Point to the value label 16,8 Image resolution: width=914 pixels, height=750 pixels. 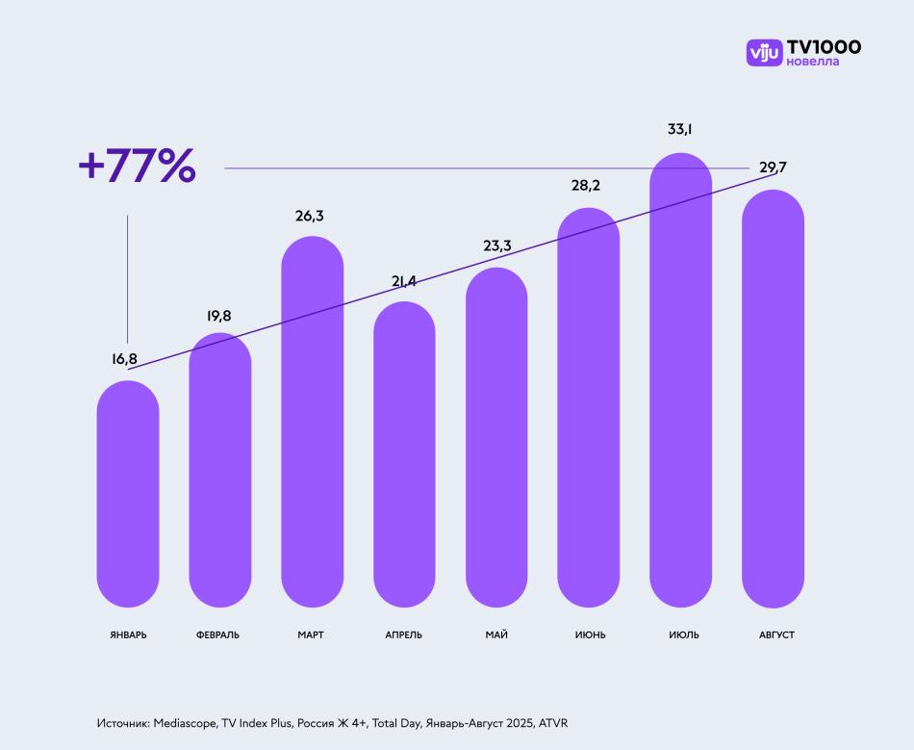tap(124, 359)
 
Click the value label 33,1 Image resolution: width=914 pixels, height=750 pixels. tap(680, 128)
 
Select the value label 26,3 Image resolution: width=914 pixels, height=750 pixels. tap(310, 216)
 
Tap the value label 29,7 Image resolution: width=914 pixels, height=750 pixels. tap(773, 168)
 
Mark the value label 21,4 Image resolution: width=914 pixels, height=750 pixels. tap(404, 280)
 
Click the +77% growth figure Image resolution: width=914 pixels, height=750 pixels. tap(137, 167)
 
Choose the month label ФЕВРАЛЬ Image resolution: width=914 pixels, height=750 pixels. tap(217, 635)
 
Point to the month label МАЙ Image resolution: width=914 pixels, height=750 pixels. tap(496, 635)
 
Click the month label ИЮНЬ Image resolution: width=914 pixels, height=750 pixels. tap(590, 635)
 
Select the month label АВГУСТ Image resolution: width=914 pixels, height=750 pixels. tap(776, 635)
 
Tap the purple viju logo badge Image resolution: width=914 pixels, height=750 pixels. tap(764, 52)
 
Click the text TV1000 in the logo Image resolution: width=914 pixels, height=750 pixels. tap(824, 46)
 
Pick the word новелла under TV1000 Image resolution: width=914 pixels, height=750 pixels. tap(812, 63)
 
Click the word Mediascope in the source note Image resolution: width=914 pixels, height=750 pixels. tap(185, 722)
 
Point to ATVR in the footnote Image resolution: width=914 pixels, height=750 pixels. tap(553, 722)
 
